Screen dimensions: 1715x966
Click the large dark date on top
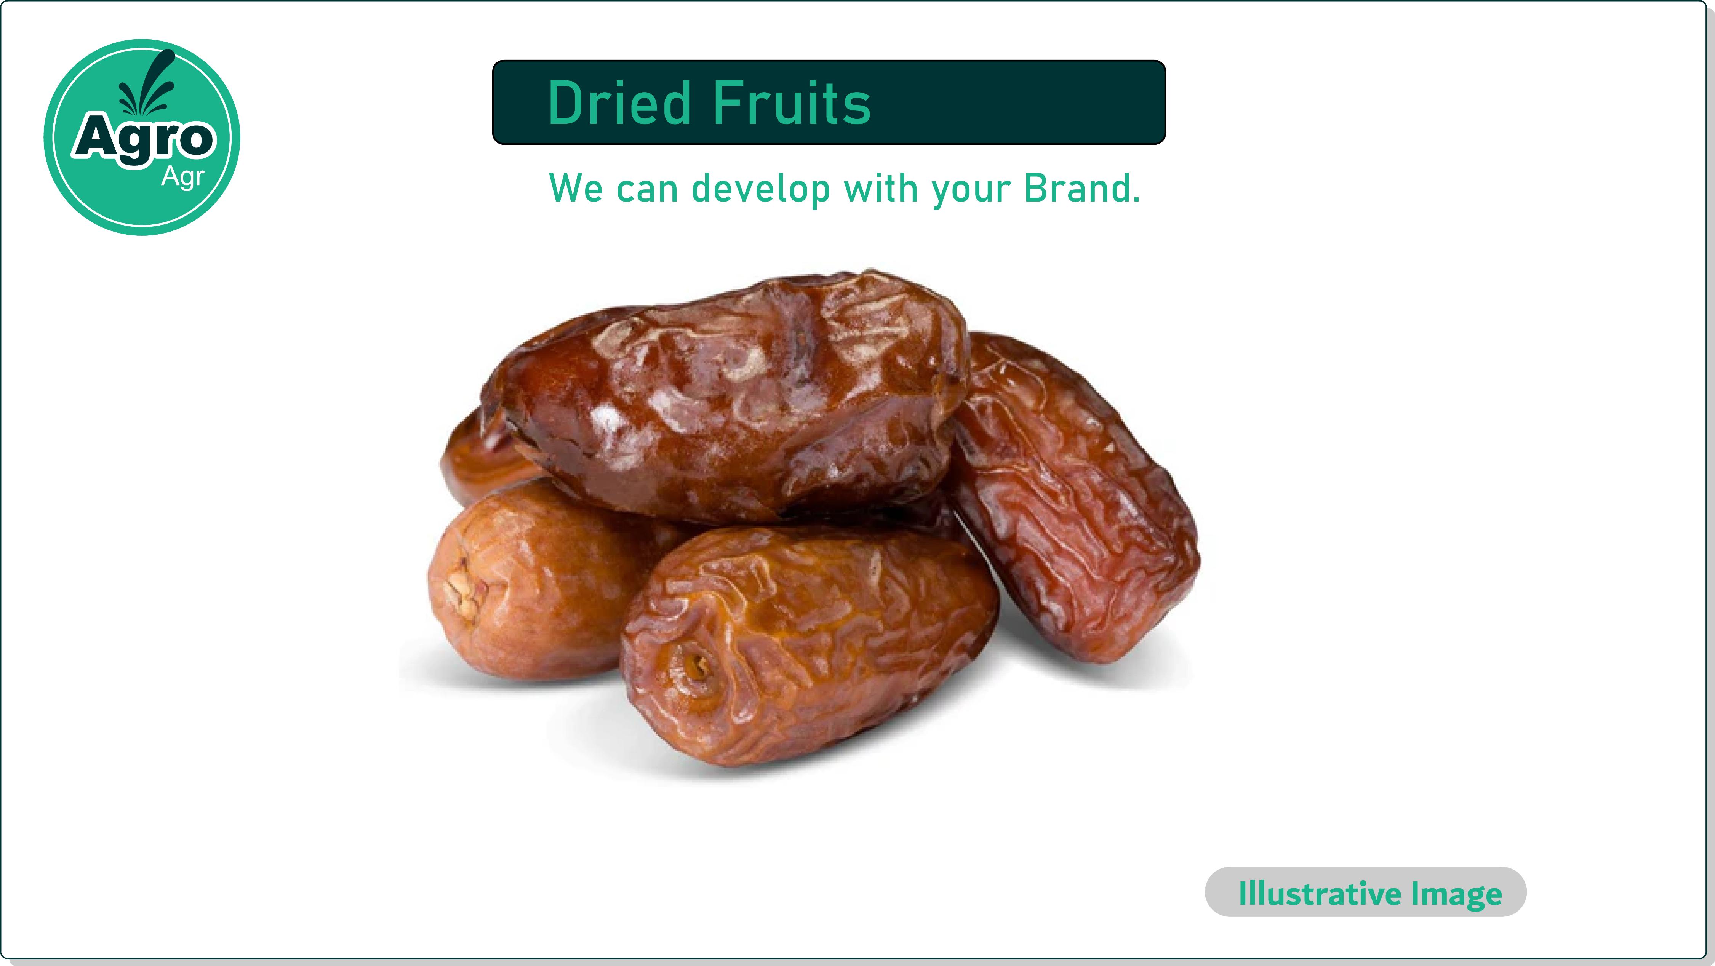[724, 396]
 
